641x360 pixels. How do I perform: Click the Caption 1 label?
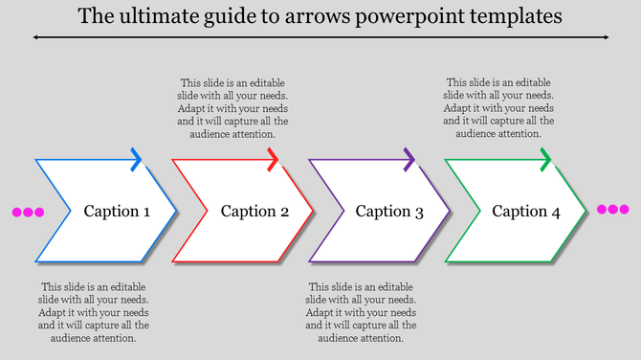coord(117,212)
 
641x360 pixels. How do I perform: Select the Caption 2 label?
coord(254,212)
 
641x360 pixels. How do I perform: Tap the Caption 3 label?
coord(389,212)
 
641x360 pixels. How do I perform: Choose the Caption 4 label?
coord(526,212)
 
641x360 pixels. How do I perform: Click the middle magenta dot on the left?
coord(28,213)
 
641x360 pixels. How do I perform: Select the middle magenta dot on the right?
coord(613,210)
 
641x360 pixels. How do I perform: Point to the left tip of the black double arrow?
coord(35,37)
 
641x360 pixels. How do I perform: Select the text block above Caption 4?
coord(498,108)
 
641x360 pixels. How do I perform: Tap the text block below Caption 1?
coord(94,312)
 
